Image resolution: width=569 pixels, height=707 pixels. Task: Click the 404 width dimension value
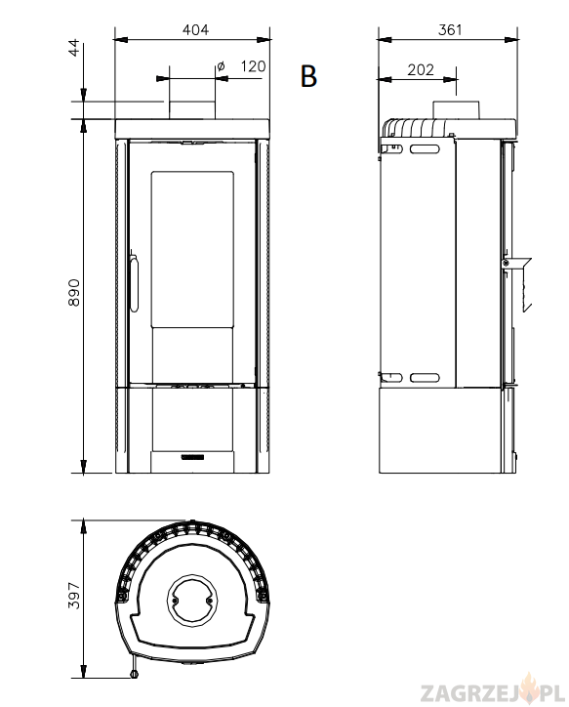[x=195, y=29]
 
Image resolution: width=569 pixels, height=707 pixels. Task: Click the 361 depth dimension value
[x=450, y=29]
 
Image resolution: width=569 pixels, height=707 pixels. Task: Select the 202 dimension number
[x=421, y=70]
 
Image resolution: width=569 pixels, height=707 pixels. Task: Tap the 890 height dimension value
[x=74, y=292]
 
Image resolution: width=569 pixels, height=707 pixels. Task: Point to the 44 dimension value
[x=74, y=47]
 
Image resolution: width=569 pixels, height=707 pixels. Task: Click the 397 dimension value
[x=74, y=595]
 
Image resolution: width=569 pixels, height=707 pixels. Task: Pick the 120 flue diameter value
[x=253, y=66]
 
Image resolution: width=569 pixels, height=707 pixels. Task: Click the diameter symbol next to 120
[x=221, y=66]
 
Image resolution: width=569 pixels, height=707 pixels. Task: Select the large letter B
[x=308, y=76]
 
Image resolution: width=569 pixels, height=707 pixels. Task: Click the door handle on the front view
[x=134, y=282]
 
